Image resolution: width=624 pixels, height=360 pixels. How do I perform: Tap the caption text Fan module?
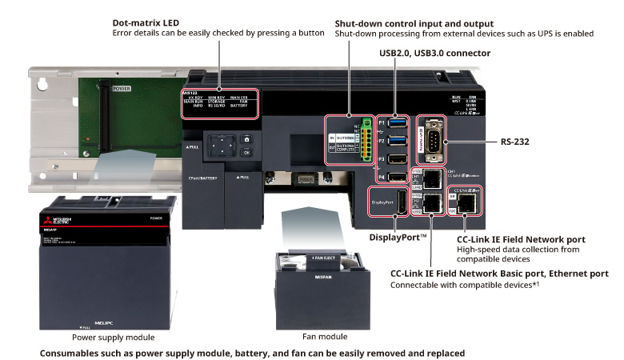[326, 338]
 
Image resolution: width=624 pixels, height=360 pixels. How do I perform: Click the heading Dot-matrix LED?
[146, 23]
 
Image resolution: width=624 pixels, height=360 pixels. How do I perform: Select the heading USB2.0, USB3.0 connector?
[434, 53]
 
